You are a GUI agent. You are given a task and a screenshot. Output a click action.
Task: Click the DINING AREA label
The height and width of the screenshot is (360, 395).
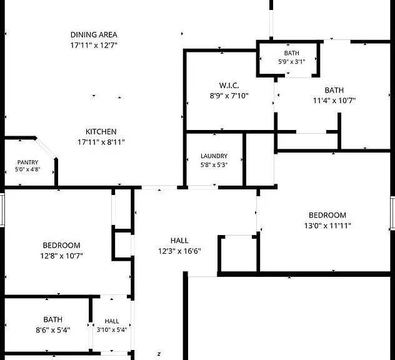coord(94,35)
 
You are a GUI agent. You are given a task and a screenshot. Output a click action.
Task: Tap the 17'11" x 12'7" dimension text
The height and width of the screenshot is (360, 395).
coord(94,46)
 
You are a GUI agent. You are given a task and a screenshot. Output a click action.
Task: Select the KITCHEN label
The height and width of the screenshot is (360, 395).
coord(101,132)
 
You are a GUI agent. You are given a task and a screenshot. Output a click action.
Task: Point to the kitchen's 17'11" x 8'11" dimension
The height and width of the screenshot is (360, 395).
coord(101,142)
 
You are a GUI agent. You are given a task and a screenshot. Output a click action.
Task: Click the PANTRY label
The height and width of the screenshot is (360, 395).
coord(27,162)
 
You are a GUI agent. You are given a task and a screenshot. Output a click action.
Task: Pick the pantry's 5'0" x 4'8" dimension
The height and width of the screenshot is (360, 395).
coord(27,169)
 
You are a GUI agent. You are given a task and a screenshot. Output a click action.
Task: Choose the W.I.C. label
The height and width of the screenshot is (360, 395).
coord(229,86)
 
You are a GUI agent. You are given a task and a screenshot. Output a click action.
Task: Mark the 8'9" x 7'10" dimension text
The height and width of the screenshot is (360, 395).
coord(229,96)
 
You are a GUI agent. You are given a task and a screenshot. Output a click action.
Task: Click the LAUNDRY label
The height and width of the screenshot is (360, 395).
coord(214,156)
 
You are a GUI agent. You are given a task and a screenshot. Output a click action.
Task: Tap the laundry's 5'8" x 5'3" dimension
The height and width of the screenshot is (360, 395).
coord(214,165)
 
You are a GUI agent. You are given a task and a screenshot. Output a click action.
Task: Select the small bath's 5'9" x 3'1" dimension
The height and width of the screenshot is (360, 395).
coord(292,62)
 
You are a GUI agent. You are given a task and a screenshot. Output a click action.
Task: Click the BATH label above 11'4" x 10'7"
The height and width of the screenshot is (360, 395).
coord(334,90)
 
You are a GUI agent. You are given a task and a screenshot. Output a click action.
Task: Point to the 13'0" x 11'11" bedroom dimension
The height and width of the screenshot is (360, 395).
coord(327,226)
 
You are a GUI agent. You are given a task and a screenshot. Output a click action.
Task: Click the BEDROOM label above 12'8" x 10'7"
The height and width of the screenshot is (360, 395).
coord(61,246)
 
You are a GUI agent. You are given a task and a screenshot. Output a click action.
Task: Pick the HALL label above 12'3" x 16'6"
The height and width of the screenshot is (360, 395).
coord(179,241)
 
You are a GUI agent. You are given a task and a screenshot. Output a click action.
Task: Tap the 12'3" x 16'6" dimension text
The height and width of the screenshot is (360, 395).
coord(179,251)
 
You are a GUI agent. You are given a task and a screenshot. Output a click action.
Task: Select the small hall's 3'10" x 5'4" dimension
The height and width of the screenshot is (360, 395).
coord(112,330)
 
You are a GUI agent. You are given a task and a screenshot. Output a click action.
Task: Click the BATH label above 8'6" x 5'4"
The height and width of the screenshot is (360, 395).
coord(53,320)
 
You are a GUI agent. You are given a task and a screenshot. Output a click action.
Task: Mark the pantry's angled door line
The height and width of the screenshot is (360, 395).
coord(46,148)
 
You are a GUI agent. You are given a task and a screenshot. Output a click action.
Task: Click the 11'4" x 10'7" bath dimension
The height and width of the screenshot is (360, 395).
coord(334,101)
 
